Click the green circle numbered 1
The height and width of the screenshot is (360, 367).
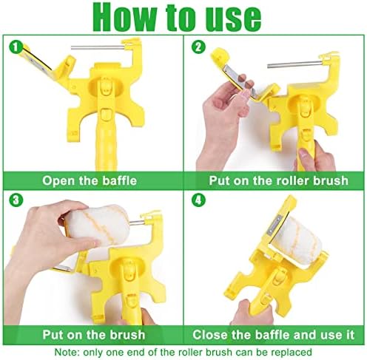pos(16,47)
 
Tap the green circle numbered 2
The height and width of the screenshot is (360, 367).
pos(198,47)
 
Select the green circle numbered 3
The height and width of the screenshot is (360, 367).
pos(16,200)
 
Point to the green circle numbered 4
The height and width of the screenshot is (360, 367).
pos(198,200)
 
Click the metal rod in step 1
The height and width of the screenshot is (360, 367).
pos(98,47)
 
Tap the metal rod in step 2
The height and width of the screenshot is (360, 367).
pos(295,64)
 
